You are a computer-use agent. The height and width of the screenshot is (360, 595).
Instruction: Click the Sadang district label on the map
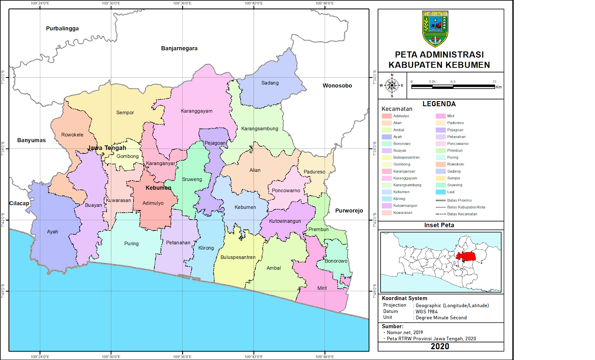(x=270, y=83)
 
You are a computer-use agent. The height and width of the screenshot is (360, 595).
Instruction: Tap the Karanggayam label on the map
(x=197, y=111)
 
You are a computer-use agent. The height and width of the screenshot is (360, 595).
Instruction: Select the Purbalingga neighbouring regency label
(x=62, y=28)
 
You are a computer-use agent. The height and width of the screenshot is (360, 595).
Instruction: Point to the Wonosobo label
(x=337, y=86)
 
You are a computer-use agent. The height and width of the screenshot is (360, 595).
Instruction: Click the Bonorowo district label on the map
(x=336, y=261)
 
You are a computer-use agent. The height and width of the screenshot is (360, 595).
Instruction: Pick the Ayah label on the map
(x=53, y=232)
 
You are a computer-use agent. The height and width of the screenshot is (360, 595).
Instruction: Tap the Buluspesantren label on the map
(x=238, y=257)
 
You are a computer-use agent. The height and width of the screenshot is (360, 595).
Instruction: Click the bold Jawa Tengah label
(x=107, y=148)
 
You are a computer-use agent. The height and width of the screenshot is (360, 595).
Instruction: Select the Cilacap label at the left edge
(x=19, y=203)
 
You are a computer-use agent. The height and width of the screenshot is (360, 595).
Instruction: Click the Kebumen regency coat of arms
(x=435, y=28)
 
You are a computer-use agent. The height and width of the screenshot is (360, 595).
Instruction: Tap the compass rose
(x=392, y=85)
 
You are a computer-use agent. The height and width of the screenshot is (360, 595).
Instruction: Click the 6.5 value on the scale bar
(x=453, y=82)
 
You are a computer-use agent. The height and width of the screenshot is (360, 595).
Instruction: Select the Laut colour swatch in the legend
(x=440, y=192)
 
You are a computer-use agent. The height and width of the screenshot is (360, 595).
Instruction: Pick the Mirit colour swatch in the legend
(x=440, y=116)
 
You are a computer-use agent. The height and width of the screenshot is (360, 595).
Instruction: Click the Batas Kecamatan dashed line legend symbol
(x=440, y=214)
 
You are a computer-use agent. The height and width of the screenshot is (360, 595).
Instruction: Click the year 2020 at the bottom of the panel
(x=440, y=346)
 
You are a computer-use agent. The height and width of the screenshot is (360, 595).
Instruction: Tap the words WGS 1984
(x=426, y=311)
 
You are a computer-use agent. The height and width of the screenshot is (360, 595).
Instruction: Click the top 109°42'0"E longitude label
(x=253, y=3)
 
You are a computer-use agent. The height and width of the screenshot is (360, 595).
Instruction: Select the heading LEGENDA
(x=439, y=104)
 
